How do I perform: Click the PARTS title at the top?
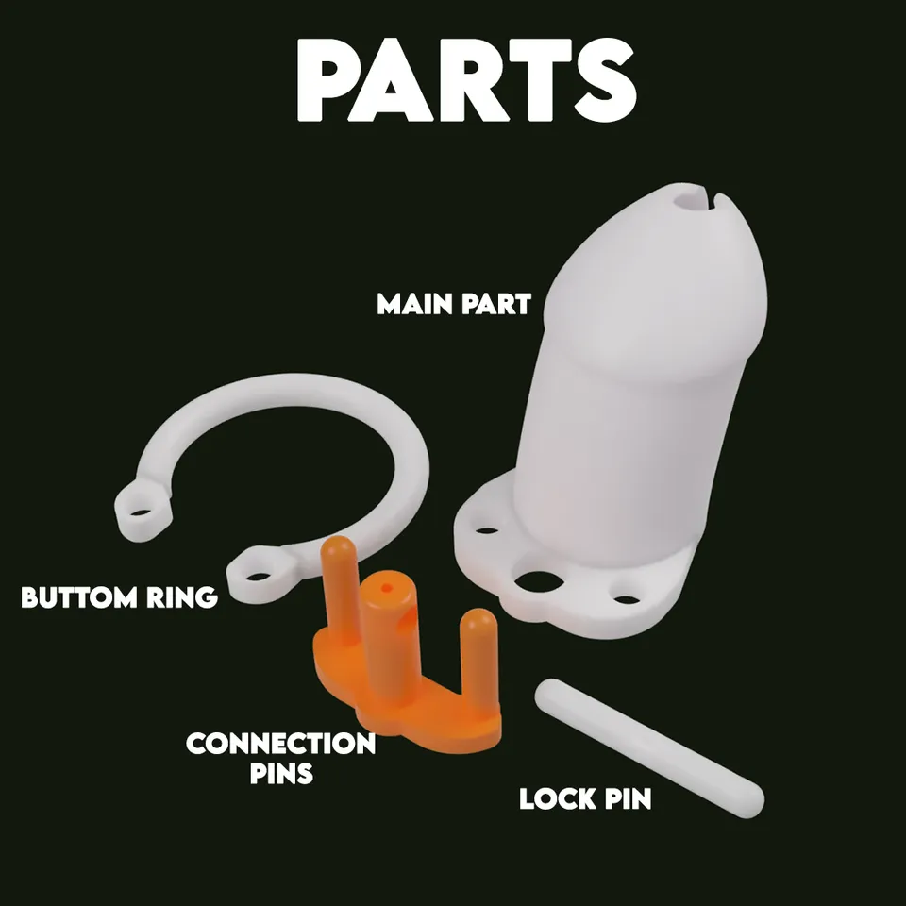pos(466,80)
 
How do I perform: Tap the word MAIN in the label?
pos(412,305)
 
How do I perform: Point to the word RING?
pos(181,597)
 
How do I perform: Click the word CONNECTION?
pos(281,744)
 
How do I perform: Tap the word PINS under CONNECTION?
pos(281,774)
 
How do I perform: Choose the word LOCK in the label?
pos(557,799)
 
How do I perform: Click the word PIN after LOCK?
pos(629,799)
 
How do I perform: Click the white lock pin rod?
pos(649,747)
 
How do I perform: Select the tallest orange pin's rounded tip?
pos(338,546)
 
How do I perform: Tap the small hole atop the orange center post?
pos(387,588)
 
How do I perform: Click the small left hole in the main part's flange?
pos(487,530)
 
